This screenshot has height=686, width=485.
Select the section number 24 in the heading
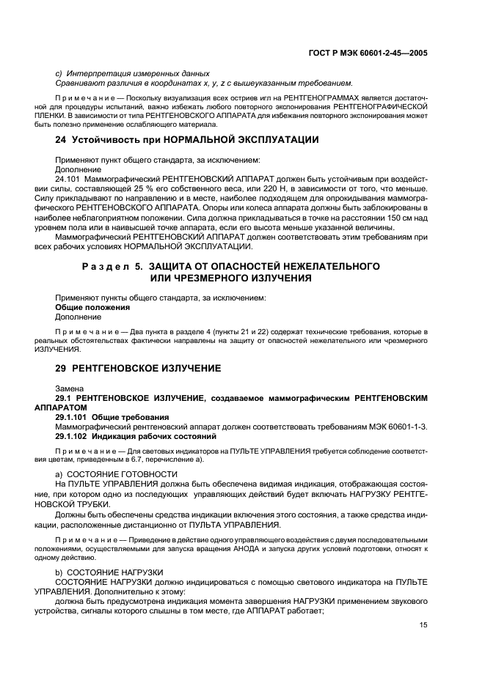(62, 139)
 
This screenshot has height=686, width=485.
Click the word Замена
(70, 387)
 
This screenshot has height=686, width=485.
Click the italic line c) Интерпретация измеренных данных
(132, 73)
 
